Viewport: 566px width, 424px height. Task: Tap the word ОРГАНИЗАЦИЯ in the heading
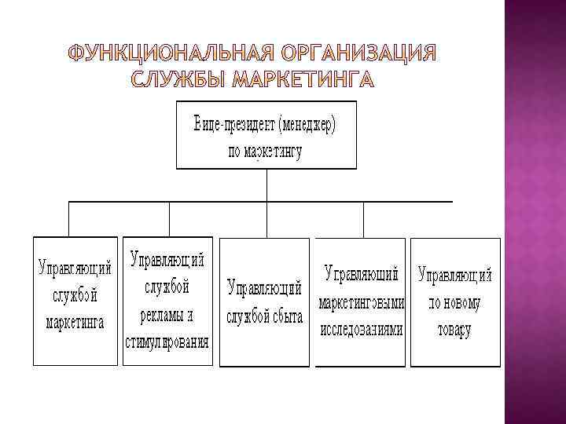(357, 54)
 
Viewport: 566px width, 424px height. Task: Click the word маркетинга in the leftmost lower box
(75, 323)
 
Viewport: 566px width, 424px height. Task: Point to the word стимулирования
(167, 342)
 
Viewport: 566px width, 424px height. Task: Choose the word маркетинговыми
(362, 302)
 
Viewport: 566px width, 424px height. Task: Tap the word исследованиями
(362, 330)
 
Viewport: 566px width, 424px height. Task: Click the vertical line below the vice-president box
(267, 185)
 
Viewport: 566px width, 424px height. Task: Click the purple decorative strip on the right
(535, 212)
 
